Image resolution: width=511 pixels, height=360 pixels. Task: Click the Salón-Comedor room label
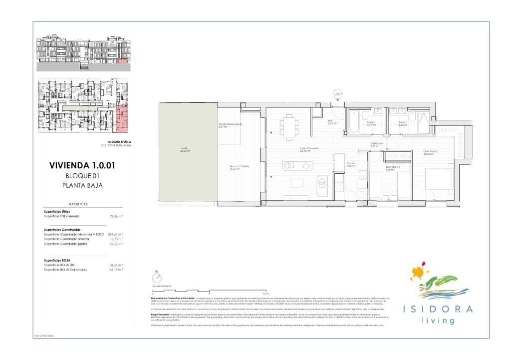(309, 149)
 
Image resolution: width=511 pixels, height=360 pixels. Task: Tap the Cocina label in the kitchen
(351, 164)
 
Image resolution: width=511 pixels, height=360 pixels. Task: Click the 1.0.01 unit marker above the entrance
(337, 93)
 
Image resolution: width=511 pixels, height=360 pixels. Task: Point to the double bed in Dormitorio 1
(440, 182)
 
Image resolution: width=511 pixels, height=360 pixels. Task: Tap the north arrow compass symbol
(157, 278)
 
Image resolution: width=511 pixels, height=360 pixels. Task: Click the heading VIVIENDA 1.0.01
(82, 165)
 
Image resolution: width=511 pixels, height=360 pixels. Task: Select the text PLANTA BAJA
(82, 185)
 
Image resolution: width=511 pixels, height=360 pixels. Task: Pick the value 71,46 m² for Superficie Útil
(116, 217)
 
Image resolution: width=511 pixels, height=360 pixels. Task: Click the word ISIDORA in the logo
(438, 309)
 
